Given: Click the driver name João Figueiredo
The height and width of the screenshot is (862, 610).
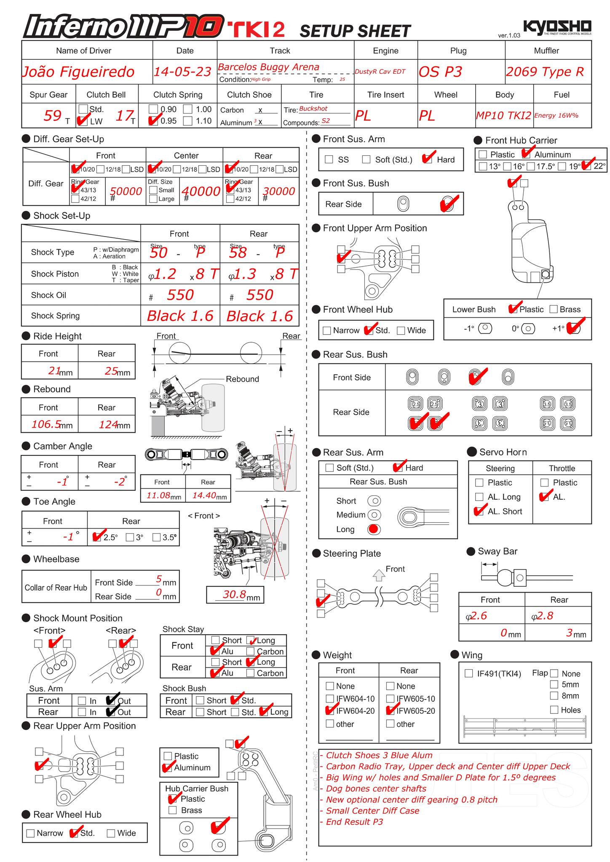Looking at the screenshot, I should click(78, 72).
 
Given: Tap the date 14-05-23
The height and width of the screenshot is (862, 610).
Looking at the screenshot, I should click(182, 72).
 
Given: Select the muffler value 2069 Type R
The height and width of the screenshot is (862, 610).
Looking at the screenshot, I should click(545, 72).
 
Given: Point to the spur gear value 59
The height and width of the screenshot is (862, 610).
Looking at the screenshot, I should click(52, 115).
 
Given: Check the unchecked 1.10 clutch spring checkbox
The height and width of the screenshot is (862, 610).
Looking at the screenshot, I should click(188, 121).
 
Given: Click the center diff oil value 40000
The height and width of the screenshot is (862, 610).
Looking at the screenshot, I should click(201, 192).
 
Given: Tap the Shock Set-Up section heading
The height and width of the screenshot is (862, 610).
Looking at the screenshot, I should click(62, 215).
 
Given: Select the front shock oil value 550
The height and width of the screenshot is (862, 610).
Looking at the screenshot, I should click(180, 295).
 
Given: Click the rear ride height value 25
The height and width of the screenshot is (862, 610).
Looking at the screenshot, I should click(111, 371).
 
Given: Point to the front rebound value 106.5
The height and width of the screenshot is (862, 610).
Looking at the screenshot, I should click(46, 424).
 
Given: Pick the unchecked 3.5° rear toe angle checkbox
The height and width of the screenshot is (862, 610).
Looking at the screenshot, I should click(157, 537).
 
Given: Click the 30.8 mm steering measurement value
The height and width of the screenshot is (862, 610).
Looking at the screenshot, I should click(234, 594).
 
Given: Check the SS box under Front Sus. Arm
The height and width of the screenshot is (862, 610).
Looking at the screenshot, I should click(329, 160).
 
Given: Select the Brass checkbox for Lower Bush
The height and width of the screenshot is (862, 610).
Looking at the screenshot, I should click(554, 309).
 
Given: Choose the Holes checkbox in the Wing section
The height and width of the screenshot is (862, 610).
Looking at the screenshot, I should click(554, 710).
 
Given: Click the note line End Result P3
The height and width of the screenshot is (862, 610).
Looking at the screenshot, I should click(354, 822).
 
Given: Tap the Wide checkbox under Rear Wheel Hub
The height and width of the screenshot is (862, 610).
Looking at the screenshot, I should click(111, 833).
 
